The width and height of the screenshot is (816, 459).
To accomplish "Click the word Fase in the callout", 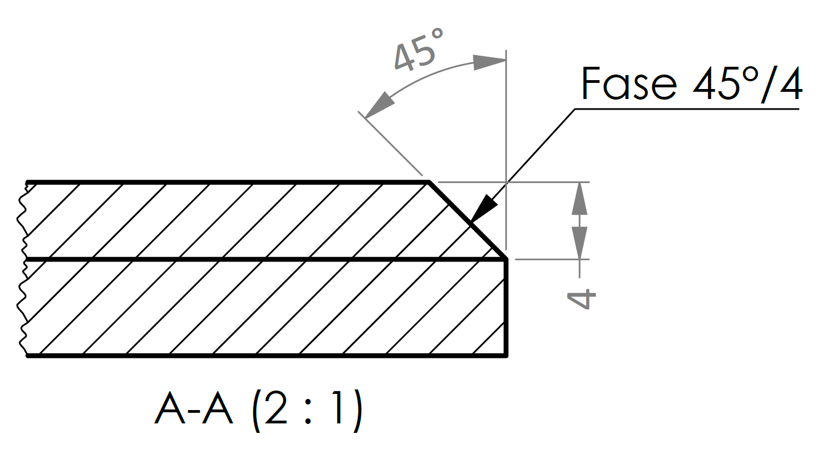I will pyautogui.click(x=628, y=84).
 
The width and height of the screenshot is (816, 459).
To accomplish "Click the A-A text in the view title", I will pyautogui.click(x=193, y=409).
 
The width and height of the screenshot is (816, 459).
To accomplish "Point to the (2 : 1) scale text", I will pyautogui.click(x=307, y=410).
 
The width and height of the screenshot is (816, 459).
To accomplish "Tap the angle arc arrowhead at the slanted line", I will pyautogui.click(x=379, y=106).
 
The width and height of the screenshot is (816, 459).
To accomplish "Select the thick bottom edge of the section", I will pyautogui.click(x=267, y=355).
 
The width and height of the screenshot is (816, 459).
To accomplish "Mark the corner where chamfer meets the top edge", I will pyautogui.click(x=429, y=182).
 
